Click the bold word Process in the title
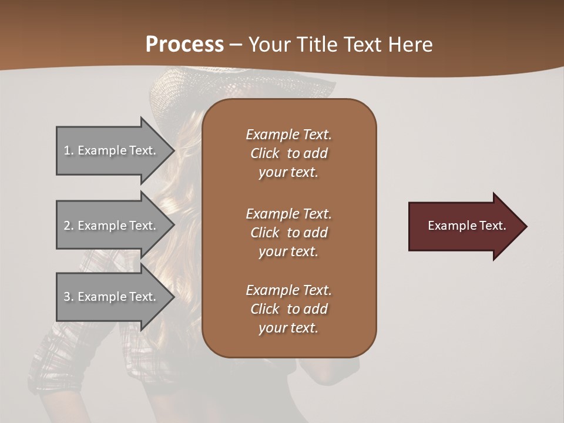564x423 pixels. (184, 44)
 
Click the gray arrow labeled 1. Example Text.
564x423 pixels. (112, 150)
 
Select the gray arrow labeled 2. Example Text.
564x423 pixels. (112, 226)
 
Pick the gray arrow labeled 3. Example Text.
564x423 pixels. (112, 297)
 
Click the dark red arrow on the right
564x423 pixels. (464, 226)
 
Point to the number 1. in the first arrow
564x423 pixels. (69, 150)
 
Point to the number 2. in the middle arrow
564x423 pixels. (69, 226)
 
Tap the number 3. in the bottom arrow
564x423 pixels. (69, 297)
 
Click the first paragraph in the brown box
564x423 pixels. (288, 153)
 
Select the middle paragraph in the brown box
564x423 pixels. (288, 233)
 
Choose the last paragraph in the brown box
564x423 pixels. (288, 309)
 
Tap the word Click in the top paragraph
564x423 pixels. (265, 153)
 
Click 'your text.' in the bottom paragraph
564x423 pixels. (288, 328)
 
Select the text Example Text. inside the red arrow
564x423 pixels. (467, 226)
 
